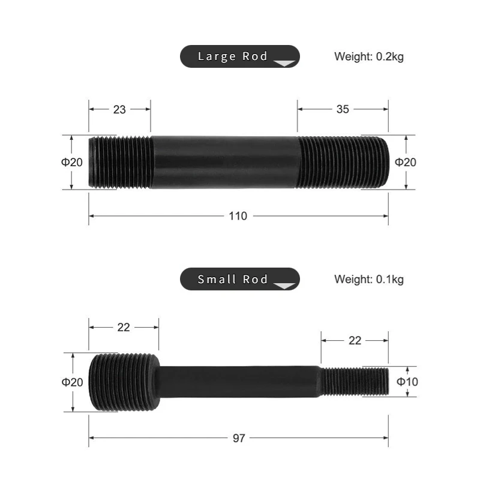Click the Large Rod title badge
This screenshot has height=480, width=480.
tap(239, 56)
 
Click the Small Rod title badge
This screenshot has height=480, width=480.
tap(239, 279)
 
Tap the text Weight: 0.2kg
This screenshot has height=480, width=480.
tap(368, 57)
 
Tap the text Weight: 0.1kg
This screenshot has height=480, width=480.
tap(368, 279)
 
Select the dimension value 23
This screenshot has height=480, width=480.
tap(119, 109)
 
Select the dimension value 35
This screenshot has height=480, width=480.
tap(343, 109)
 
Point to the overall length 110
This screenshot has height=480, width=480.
tap(238, 216)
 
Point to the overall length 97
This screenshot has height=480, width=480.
tap(239, 439)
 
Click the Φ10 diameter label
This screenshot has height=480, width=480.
tap(407, 382)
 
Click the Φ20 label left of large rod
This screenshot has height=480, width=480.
tap(71, 162)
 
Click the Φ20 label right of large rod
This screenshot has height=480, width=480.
tap(406, 162)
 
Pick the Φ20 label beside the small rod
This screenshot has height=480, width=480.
tap(71, 382)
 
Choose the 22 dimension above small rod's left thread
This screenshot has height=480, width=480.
tap(124, 327)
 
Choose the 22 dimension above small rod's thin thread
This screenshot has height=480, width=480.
tap(355, 340)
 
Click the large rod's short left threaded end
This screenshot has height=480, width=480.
tap(120, 163)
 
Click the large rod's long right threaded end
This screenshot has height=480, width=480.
tap(342, 163)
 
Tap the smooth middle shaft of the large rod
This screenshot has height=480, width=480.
tap(225, 163)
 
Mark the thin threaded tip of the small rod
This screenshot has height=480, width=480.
tap(354, 382)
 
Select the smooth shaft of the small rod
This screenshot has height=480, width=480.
tap(240, 382)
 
